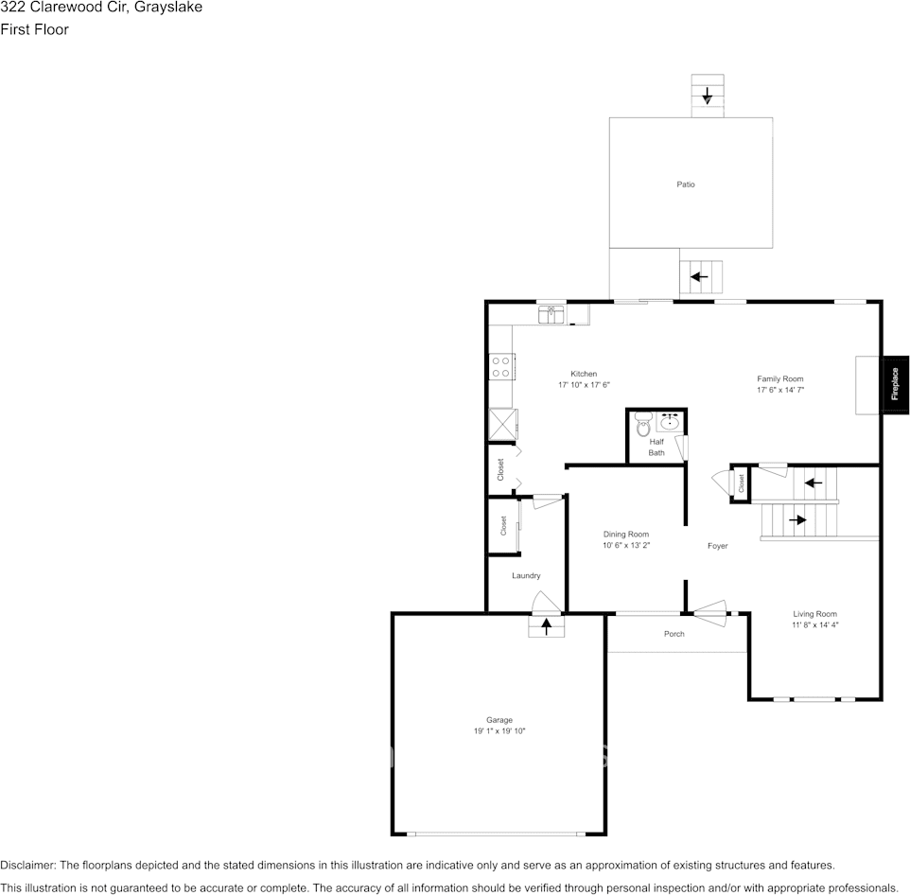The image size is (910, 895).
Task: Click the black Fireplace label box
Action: pos(895,384)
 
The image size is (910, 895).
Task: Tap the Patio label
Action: pos(685,184)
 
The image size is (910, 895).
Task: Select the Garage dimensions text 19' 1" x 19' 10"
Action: pos(499,731)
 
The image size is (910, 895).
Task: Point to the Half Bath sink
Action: pos(670,421)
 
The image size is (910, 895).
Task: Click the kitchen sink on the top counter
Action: pos(551,315)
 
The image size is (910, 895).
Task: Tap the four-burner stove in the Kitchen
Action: pos(500,366)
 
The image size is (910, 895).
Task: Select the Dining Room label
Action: pos(626,535)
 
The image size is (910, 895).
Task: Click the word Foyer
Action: pos(718,546)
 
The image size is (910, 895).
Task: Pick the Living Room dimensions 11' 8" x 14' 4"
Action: pos(814,625)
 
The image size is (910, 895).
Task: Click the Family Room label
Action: pos(779,378)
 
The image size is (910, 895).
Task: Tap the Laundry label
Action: pos(526,575)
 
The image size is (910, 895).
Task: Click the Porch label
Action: pos(674,634)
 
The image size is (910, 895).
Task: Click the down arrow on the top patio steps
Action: pos(707,96)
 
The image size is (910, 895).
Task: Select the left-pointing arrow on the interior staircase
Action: pos(811,483)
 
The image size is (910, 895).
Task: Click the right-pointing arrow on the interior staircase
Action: pos(797,519)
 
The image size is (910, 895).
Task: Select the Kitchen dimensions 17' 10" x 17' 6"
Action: pos(584,385)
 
